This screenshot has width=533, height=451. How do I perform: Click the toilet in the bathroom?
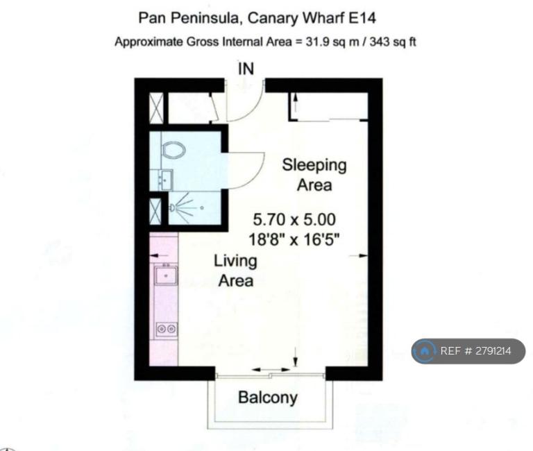pos(174,150)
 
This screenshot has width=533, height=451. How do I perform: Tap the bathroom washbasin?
pos(167,180)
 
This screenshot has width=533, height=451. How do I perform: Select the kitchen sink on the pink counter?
pos(166,275)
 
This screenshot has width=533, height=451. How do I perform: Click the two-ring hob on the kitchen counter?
pos(167,329)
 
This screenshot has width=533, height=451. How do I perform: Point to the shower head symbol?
pos(172,207)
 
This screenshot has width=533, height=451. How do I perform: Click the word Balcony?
pos(268,398)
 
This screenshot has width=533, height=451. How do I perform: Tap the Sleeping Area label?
pos(314,175)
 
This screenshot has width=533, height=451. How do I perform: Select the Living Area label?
pos(235,271)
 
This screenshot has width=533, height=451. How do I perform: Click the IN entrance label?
pos(246,69)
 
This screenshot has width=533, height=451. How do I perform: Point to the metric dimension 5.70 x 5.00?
pos(294,219)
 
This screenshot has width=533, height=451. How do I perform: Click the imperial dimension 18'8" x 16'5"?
pos(294,239)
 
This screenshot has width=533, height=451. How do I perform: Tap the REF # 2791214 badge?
pos(468,351)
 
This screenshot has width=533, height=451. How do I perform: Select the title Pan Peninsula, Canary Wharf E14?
pos(257,17)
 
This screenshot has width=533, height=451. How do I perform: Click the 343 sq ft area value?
pos(393,42)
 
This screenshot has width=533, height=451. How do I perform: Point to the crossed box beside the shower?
pos(155,212)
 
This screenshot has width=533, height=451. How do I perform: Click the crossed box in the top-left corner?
pos(156,108)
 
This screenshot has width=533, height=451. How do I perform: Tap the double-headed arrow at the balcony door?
pos(271,369)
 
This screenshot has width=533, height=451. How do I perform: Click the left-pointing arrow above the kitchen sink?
pos(158,255)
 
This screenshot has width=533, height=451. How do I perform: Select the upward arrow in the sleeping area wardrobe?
pos(296,102)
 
